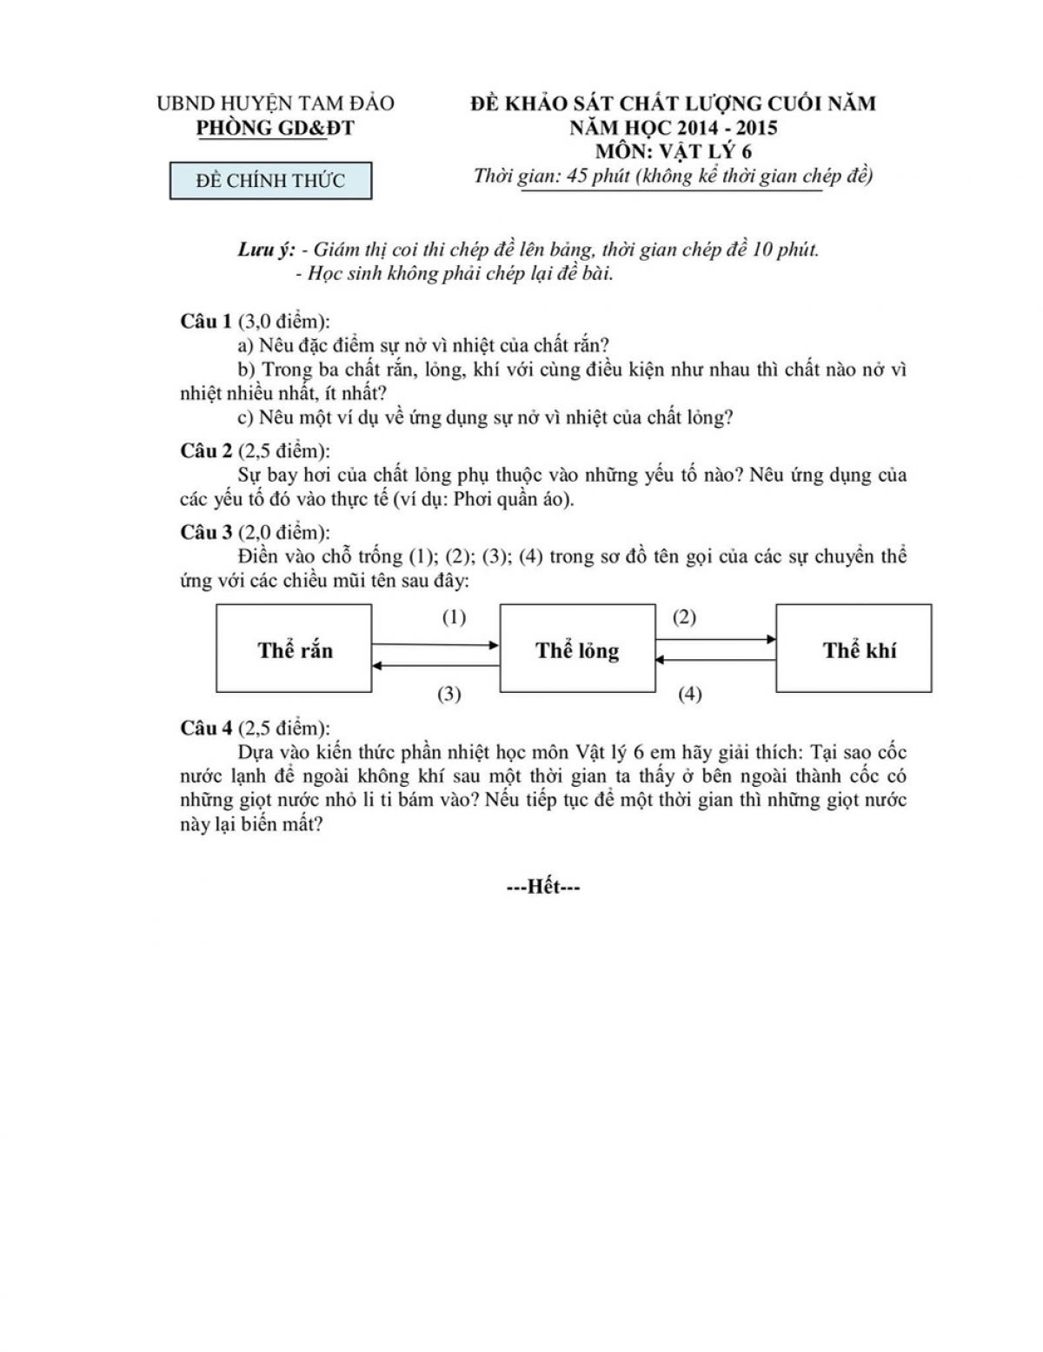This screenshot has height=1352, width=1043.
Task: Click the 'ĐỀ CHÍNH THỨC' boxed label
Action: (270, 181)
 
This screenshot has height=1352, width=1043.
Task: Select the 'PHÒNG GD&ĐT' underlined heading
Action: (276, 128)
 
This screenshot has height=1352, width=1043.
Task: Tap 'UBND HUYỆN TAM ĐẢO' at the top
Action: (276, 103)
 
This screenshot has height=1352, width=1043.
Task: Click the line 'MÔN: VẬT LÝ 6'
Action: (674, 151)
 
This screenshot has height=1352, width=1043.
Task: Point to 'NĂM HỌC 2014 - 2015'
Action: (674, 128)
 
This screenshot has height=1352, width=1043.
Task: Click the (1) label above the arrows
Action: (454, 617)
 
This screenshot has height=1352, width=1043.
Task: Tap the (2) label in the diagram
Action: (684, 617)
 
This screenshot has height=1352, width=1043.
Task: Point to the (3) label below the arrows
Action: (448, 694)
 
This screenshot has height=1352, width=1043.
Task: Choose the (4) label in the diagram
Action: (689, 694)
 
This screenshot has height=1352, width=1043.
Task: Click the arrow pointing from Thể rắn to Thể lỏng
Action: (435, 645)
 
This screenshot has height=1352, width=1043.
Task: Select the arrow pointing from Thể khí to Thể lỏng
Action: (715, 660)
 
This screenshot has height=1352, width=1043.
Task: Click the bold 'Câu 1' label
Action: (206, 321)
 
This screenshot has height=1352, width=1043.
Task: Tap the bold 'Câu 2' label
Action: (206, 450)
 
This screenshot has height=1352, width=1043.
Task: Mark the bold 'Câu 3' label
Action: (206, 531)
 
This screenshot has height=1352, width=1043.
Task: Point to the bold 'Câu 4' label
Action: (206, 728)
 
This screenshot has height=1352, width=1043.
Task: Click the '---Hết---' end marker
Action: (543, 887)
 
